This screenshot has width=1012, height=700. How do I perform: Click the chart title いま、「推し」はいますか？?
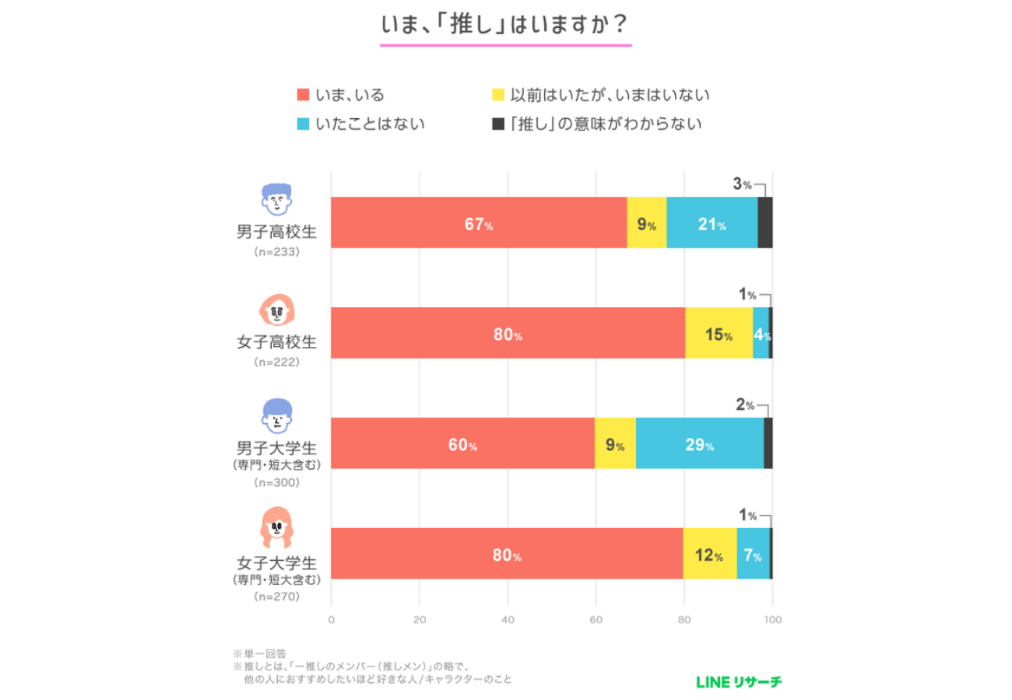click(505, 25)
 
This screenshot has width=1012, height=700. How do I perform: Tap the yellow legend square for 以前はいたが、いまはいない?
click(499, 96)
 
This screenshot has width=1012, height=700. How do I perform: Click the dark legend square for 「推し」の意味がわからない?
click(499, 124)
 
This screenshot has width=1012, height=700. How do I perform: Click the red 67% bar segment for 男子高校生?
click(479, 223)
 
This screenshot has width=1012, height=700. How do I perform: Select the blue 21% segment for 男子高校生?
click(712, 223)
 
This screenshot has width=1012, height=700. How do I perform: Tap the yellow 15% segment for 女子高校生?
click(718, 334)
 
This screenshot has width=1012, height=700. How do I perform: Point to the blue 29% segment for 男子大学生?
click(699, 444)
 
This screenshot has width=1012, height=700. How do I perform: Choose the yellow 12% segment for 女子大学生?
click(709, 555)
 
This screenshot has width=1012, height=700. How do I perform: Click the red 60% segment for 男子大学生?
click(462, 444)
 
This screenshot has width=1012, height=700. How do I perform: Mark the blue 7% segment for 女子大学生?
click(753, 555)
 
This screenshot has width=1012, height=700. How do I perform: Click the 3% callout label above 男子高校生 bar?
click(742, 185)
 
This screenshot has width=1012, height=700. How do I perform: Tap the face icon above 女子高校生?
click(276, 310)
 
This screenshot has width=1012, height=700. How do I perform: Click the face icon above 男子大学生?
click(276, 417)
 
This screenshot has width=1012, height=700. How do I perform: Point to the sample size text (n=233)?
click(276, 252)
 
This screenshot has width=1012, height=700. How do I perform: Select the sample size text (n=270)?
click(276, 597)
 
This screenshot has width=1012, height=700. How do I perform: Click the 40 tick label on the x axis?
click(508, 620)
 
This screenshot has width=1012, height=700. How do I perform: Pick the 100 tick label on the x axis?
click(772, 620)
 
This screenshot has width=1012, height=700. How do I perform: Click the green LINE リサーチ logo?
click(739, 682)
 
